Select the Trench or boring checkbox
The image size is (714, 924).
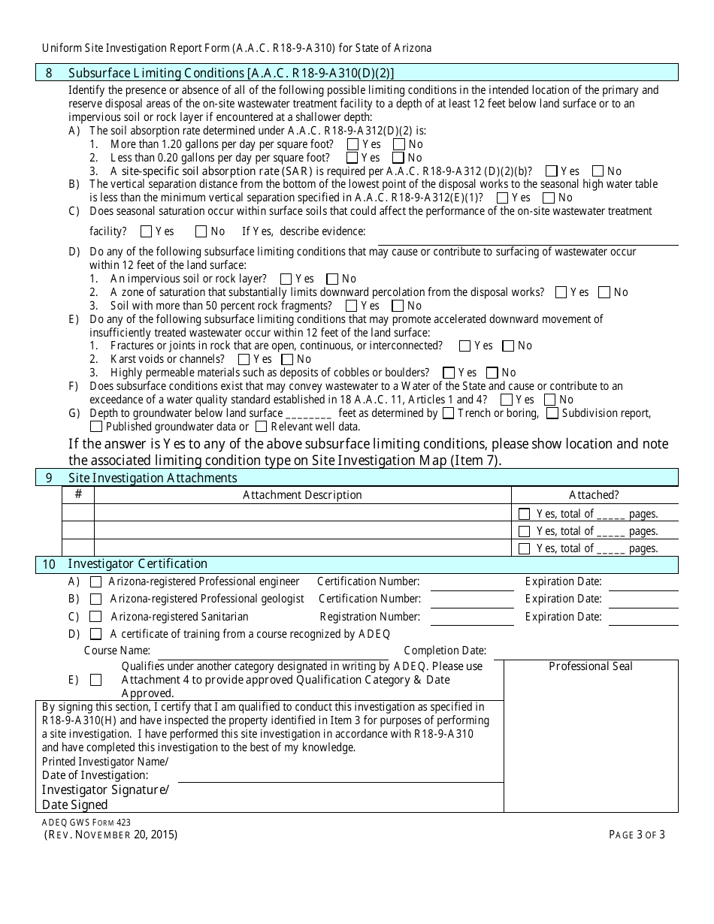[x=449, y=412]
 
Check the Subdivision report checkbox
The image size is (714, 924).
[x=552, y=412]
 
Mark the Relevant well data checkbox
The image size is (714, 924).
[x=261, y=427]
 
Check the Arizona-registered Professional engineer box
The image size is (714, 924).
[x=96, y=581]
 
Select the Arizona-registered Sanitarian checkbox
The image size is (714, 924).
[x=96, y=617]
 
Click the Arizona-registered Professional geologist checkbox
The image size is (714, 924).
[x=96, y=599]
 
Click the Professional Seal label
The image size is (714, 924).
[x=591, y=666]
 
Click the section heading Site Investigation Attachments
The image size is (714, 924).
[x=153, y=478]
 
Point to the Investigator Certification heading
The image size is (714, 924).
[x=138, y=564]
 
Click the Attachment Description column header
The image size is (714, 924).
[x=302, y=495]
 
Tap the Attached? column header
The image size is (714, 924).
[x=594, y=495]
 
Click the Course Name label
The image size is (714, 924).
[x=117, y=651]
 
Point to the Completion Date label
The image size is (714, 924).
[x=445, y=651]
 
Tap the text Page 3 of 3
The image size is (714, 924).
[x=634, y=835]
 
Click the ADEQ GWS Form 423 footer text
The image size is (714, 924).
[x=86, y=823]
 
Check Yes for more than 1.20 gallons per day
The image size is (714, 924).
[x=352, y=144]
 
